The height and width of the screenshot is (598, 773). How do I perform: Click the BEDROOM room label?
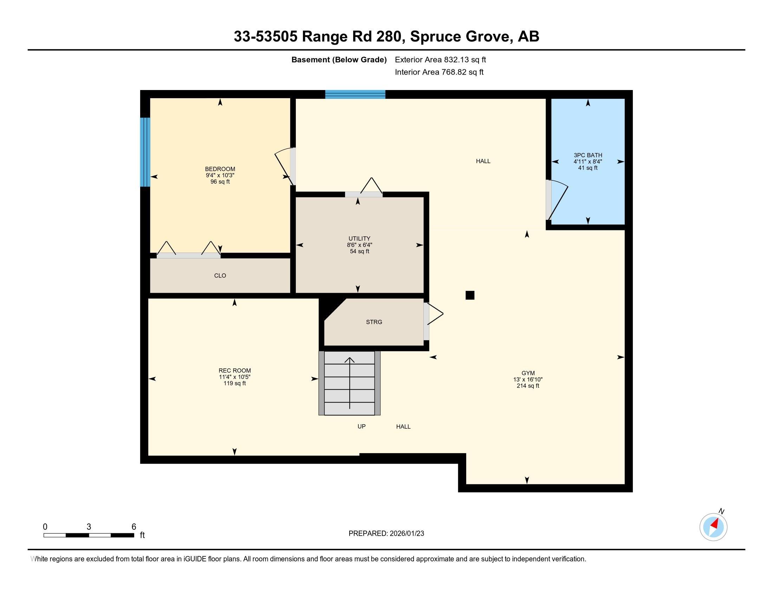tap(220, 169)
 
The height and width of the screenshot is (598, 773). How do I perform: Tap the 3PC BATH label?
tap(587, 155)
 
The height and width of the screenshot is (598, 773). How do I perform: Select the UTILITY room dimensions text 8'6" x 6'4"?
tap(359, 245)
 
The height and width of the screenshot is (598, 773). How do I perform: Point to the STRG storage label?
tap(374, 322)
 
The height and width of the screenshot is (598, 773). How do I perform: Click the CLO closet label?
tap(220, 276)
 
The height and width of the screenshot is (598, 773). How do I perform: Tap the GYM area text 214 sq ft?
tap(527, 386)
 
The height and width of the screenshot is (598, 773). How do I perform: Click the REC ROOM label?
tap(234, 370)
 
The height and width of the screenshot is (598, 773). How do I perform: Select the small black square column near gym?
tap(470, 295)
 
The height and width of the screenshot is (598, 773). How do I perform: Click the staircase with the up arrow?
tap(349, 383)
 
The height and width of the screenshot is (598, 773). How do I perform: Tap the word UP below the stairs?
tap(361, 427)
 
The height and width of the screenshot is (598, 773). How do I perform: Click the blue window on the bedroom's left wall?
tap(145, 152)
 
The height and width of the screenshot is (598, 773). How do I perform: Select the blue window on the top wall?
tap(355, 94)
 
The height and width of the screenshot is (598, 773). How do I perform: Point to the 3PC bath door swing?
tap(559, 200)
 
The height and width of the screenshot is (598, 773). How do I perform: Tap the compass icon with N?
tap(713, 527)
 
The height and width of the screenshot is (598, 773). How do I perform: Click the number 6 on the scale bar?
tap(134, 527)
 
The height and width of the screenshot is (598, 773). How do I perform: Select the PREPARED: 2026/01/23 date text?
tap(386, 534)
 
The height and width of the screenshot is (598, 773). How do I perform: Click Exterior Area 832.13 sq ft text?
tap(440, 60)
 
